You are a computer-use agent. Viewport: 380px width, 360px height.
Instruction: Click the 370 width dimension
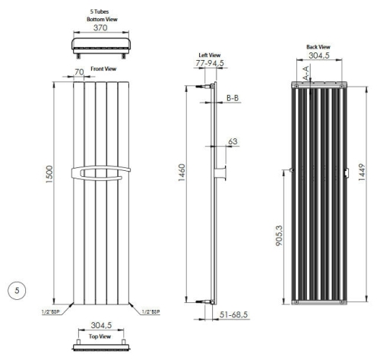(x=100, y=27)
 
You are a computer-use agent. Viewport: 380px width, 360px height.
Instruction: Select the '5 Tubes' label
(x=100, y=11)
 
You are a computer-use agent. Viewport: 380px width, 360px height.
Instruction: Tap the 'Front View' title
(x=103, y=68)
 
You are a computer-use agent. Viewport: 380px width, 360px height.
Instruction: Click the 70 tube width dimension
(x=79, y=72)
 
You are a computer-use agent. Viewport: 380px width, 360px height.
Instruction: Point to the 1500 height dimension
(x=49, y=174)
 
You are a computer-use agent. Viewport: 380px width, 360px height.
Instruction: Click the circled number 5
(x=17, y=290)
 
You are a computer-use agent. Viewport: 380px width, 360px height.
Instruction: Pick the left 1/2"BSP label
(x=51, y=312)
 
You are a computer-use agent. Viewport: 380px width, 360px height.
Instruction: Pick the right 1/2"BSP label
(x=151, y=312)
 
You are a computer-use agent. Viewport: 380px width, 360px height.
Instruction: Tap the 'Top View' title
(x=100, y=336)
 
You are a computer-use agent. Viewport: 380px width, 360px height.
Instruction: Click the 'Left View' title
(x=210, y=55)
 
